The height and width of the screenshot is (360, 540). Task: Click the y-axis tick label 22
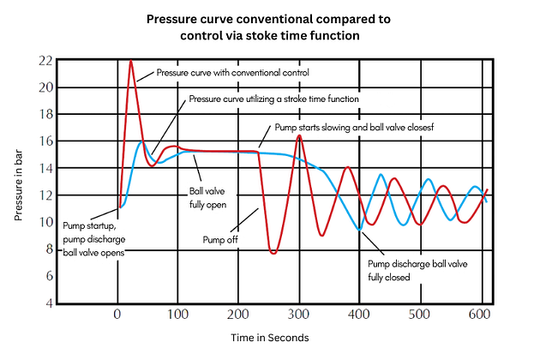[x=45, y=61]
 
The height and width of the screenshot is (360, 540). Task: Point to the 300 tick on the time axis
[x=298, y=315]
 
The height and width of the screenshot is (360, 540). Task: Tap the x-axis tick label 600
[x=479, y=315]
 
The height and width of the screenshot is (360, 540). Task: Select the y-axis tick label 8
[x=50, y=249]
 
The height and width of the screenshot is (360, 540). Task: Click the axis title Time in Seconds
[x=270, y=338]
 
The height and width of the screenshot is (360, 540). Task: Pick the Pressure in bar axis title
[x=18, y=185]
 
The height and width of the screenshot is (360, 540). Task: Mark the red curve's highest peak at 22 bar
[x=131, y=61]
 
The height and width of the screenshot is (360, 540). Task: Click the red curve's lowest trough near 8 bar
[x=273, y=253]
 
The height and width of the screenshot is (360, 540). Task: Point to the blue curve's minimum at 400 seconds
[x=359, y=229]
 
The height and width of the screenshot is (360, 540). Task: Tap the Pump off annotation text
[x=220, y=239]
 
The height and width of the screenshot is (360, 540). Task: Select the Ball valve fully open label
[x=207, y=198]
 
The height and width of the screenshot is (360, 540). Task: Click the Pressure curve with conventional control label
[x=233, y=73]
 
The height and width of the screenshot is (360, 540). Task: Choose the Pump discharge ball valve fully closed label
[x=417, y=271]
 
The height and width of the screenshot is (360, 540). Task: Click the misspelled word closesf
[x=421, y=128]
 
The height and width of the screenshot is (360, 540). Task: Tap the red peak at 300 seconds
[x=299, y=135]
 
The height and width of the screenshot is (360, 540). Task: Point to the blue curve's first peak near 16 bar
[x=141, y=141]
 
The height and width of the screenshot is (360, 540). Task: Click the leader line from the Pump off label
[x=244, y=219]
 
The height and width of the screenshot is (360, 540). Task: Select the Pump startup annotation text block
[x=94, y=239]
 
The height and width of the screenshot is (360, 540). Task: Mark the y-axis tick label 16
[x=45, y=141]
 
